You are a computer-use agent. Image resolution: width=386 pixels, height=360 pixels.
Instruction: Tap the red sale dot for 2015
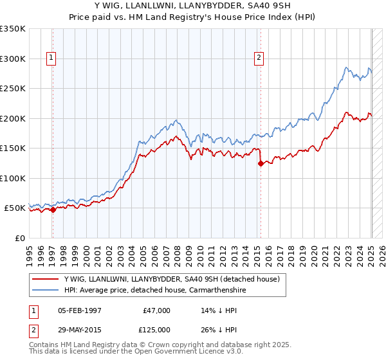261,163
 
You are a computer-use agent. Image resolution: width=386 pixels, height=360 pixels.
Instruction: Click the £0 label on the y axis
19,238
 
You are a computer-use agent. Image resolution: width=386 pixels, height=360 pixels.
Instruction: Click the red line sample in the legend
44,280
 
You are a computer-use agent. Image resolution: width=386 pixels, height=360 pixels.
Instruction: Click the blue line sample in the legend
44,291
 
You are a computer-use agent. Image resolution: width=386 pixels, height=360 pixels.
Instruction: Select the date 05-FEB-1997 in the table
79,310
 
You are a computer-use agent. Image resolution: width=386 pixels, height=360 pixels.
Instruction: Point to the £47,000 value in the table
156,310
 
